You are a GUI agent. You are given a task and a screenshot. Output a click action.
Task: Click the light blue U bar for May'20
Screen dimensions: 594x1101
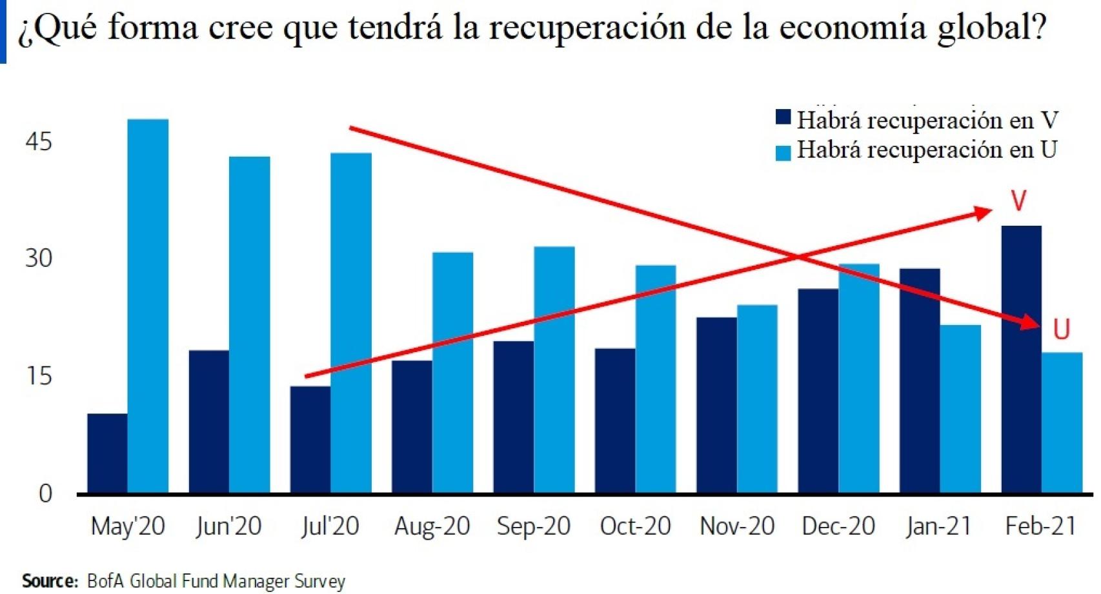point(148,306)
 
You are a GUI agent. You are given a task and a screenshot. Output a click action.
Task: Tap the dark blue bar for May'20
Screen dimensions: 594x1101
point(107,453)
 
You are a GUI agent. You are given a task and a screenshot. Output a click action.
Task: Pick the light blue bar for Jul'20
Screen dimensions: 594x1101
point(351,322)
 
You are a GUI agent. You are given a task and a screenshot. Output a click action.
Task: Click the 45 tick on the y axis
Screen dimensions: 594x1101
point(38,141)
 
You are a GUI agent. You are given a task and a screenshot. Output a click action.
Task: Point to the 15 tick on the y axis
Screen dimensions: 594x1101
point(38,376)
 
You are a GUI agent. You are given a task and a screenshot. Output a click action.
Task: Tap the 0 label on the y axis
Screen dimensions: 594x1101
point(45,493)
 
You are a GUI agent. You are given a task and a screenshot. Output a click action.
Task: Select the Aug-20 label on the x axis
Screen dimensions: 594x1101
point(432,526)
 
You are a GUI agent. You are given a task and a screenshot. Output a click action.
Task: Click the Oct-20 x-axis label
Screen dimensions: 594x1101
point(635,526)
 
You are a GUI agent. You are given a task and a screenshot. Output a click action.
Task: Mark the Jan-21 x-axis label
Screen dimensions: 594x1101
point(938,526)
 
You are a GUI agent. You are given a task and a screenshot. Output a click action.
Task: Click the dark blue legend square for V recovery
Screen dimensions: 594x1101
point(783,117)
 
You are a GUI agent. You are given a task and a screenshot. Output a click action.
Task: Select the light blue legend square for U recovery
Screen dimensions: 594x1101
point(783,153)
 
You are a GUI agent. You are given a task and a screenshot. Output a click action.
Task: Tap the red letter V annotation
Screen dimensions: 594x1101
point(1018,201)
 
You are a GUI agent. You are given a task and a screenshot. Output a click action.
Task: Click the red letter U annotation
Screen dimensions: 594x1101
point(1061,330)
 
